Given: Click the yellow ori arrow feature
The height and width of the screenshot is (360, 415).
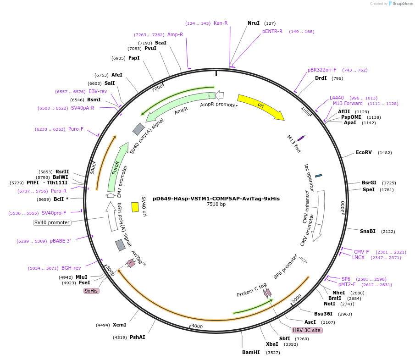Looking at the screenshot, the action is [x=260, y=106].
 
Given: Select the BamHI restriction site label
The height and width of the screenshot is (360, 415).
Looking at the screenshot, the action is [x=251, y=352].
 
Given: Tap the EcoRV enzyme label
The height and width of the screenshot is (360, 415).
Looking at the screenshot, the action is [x=364, y=152].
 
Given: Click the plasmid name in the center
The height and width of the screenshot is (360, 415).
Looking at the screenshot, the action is [x=216, y=199].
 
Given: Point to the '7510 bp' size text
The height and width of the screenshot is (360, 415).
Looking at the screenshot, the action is [x=216, y=205].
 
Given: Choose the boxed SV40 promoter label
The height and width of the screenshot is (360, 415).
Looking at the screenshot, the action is [x=52, y=222].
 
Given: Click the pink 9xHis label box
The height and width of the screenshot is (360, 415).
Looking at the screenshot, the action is [x=91, y=291].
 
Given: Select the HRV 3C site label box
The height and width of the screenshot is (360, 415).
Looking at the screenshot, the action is [x=307, y=330].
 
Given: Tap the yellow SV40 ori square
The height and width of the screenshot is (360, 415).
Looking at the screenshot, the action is [x=135, y=207].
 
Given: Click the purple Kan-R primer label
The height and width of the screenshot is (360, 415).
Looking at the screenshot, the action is [x=221, y=23].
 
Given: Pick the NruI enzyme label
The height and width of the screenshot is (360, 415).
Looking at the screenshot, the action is [x=254, y=23].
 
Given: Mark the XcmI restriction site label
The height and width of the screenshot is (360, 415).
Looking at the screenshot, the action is [x=119, y=325].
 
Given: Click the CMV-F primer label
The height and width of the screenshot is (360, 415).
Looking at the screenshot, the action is [x=361, y=252].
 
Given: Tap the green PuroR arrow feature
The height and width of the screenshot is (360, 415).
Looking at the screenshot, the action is [x=116, y=167].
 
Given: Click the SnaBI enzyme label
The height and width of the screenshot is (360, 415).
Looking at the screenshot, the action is [x=368, y=231].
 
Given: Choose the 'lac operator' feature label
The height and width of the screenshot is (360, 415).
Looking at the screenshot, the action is [x=310, y=177].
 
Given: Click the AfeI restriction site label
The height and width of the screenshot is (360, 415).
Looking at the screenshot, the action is [x=117, y=75].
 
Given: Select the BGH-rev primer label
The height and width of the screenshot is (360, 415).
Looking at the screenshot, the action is [x=71, y=268].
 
